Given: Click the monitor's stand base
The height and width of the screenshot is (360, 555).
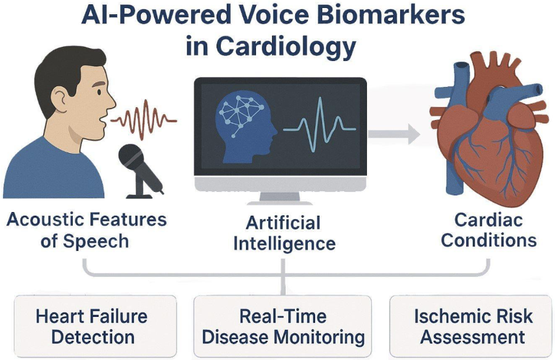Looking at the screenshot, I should (x=280, y=201).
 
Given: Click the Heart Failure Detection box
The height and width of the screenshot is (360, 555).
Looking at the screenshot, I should (x=92, y=327).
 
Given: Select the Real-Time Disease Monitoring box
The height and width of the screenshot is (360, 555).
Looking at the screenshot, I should (x=283, y=327).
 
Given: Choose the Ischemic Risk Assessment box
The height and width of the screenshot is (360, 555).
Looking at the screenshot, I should (x=473, y=327).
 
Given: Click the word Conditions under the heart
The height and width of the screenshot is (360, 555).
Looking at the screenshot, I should (x=488, y=240).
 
